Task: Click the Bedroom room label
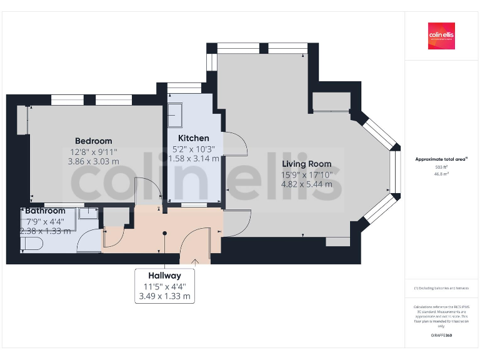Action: [94, 141]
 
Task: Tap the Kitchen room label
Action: [194, 138]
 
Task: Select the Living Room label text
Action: [306, 164]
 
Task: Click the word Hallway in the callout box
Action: [164, 276]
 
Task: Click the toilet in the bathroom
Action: [31, 244]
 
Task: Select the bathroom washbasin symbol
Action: [89, 213]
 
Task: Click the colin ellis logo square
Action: [441, 36]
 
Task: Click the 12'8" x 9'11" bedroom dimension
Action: [94, 151]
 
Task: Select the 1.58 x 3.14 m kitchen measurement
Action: [194, 159]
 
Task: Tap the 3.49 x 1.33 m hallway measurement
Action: [164, 296]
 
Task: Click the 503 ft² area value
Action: [441, 167]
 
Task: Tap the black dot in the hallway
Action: [165, 233]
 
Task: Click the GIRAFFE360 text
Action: [441, 336]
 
